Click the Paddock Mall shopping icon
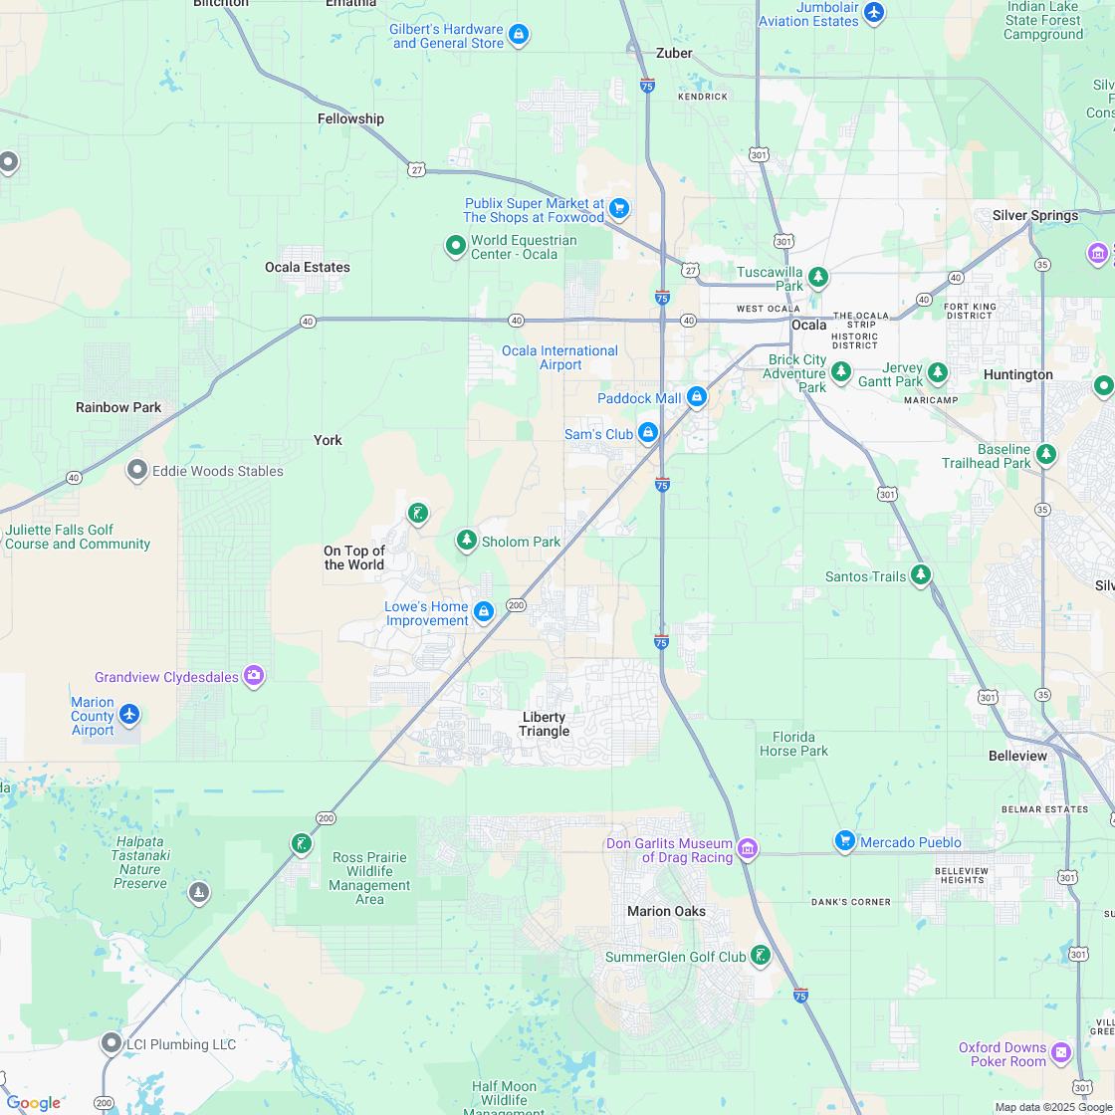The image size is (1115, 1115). click(x=697, y=397)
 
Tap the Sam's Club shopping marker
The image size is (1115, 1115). click(x=648, y=432)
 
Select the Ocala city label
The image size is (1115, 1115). click(x=808, y=326)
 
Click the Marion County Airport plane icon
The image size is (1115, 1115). click(x=129, y=714)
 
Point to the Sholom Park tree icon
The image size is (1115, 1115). click(x=467, y=540)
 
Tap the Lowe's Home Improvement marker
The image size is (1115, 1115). click(x=484, y=610)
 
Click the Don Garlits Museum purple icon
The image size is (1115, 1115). click(x=748, y=848)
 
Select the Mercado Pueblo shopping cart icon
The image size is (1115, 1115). click(x=845, y=841)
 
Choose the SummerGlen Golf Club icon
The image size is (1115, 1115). click(x=761, y=955)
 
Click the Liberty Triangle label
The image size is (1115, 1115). click(x=545, y=724)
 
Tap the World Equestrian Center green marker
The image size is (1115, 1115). click(x=456, y=244)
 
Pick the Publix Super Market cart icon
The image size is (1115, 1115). click(x=619, y=208)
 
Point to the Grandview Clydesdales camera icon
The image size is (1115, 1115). click(x=254, y=676)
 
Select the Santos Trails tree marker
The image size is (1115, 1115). click(x=921, y=574)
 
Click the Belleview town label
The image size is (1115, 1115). click(x=1017, y=756)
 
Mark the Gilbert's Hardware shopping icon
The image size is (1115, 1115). click(x=518, y=35)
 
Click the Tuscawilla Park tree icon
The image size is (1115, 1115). click(x=818, y=276)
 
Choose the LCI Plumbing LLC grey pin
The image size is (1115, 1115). click(x=111, y=1042)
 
